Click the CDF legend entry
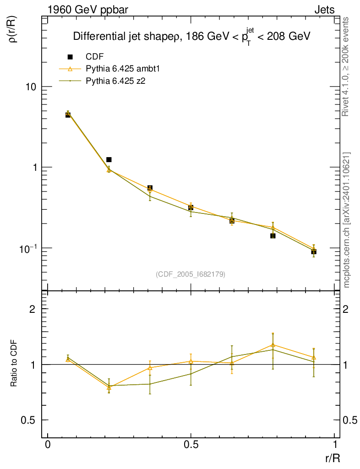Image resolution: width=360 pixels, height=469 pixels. tap(94, 57)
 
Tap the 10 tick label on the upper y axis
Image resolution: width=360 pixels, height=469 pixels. tap(30, 87)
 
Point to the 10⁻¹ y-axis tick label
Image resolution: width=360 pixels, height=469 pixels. tap(28, 247)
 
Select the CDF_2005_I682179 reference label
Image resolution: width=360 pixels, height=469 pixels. tap(191, 274)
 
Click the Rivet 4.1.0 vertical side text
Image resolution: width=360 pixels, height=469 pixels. tap(346, 66)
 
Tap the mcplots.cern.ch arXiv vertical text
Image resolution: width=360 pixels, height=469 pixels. tap(346, 220)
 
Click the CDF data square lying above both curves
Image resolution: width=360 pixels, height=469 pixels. tap(109, 159)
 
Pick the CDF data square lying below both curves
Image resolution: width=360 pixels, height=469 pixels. tap(273, 235)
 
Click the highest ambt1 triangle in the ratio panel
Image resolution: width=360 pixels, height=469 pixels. tap(273, 345)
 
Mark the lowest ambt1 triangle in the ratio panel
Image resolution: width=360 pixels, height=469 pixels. tap(109, 387)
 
